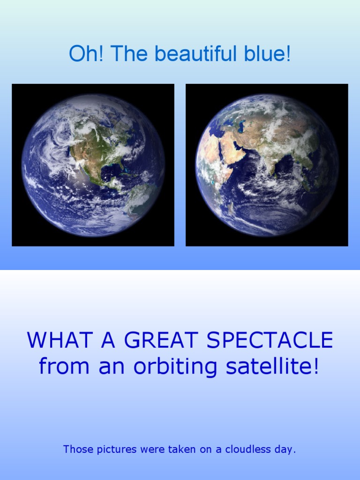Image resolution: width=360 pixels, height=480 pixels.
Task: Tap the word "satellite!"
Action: (272, 366)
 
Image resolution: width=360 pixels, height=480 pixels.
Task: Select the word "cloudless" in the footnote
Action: (248, 450)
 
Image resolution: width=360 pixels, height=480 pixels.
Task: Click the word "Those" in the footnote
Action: (76, 450)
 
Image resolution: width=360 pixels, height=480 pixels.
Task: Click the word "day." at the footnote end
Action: (286, 450)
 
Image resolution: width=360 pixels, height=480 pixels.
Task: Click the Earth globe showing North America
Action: (93, 165)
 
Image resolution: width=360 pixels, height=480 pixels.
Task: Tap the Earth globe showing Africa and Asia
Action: (267, 165)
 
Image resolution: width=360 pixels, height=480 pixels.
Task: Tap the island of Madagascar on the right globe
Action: (231, 205)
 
